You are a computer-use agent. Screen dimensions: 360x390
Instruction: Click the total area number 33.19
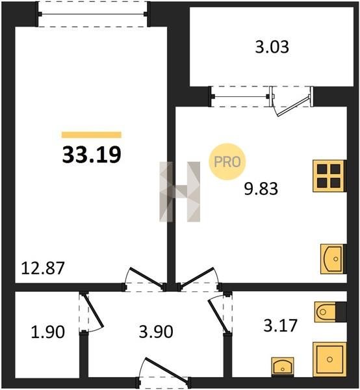(92, 155)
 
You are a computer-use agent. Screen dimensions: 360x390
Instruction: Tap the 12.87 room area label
(43, 268)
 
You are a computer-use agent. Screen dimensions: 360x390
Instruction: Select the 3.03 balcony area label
(272, 47)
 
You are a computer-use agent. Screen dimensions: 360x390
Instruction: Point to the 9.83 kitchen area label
(261, 188)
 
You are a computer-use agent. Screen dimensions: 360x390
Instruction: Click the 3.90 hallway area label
(156, 331)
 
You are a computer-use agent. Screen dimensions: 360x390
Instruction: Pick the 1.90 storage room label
(47, 331)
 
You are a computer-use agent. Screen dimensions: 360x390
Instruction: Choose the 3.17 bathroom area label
(281, 326)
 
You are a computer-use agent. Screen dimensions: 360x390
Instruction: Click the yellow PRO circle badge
(227, 162)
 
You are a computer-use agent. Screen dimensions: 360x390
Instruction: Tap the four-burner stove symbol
(328, 176)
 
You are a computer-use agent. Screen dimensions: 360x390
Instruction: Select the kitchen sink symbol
(332, 259)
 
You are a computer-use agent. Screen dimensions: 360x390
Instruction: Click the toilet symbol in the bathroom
(325, 312)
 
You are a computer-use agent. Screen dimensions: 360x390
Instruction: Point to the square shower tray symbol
(329, 359)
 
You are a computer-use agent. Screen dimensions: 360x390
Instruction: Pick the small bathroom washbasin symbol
(283, 366)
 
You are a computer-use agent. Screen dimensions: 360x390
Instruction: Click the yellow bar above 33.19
(92, 135)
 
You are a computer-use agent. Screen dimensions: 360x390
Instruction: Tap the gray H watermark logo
(180, 192)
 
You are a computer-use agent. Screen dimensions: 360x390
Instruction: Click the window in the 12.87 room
(92, 14)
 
